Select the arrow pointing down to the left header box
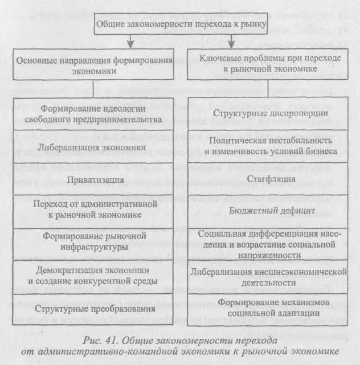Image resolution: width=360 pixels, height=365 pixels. [131, 42]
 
